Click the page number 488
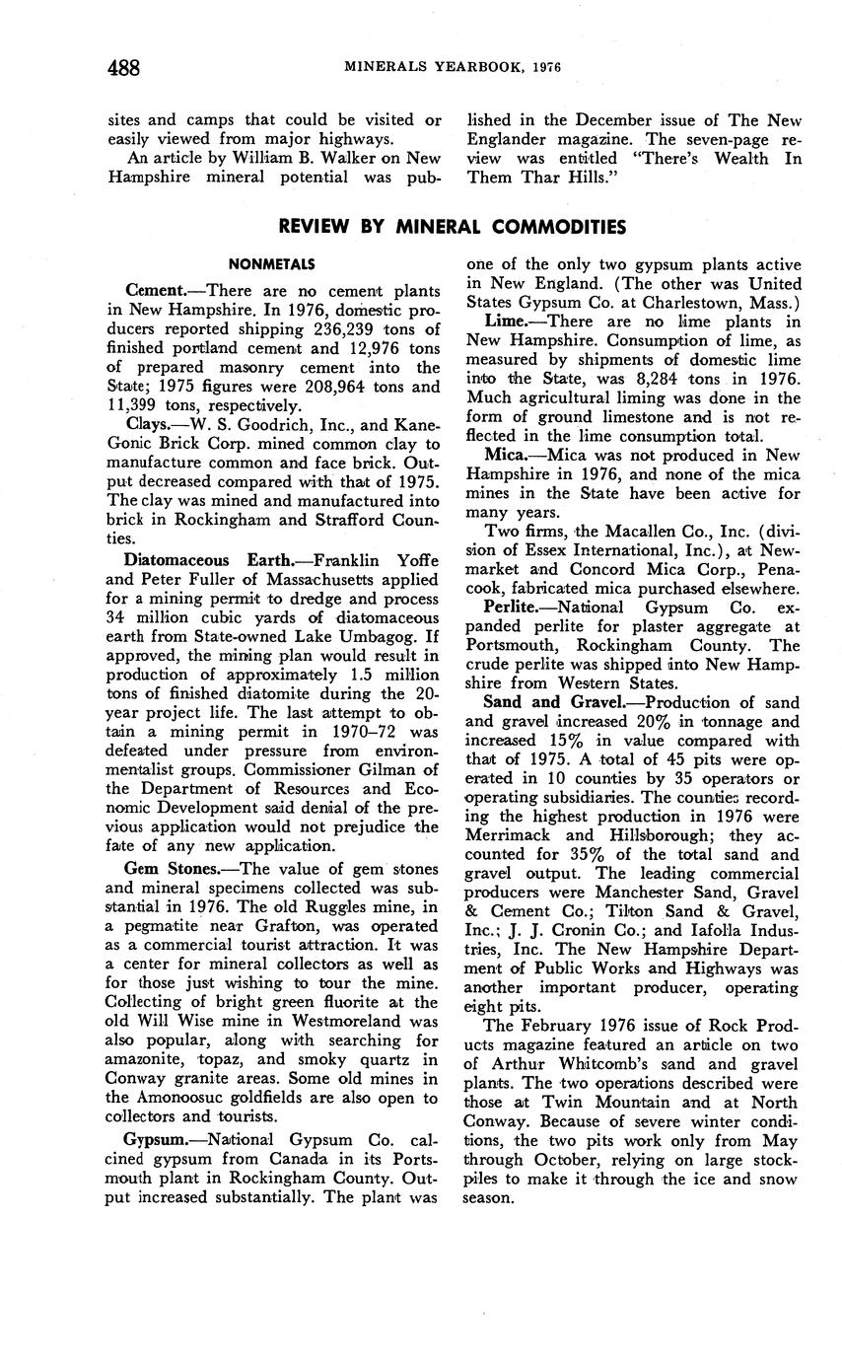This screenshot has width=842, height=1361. coord(123,67)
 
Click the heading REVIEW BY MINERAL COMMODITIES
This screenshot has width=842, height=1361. coord(452,227)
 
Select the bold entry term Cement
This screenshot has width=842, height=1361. coord(156,291)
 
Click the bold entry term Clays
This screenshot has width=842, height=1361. coord(147,424)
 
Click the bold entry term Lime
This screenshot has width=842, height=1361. coord(507,322)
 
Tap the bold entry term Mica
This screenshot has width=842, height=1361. coord(510,455)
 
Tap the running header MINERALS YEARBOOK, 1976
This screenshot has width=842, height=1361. coord(452,67)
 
